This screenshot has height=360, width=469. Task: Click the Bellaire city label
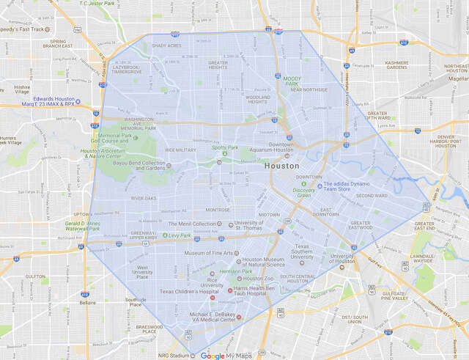click(87, 301)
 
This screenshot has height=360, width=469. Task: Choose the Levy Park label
click(180, 235)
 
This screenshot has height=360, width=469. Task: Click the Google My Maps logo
click(226, 356)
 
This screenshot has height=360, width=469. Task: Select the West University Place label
click(143, 272)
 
